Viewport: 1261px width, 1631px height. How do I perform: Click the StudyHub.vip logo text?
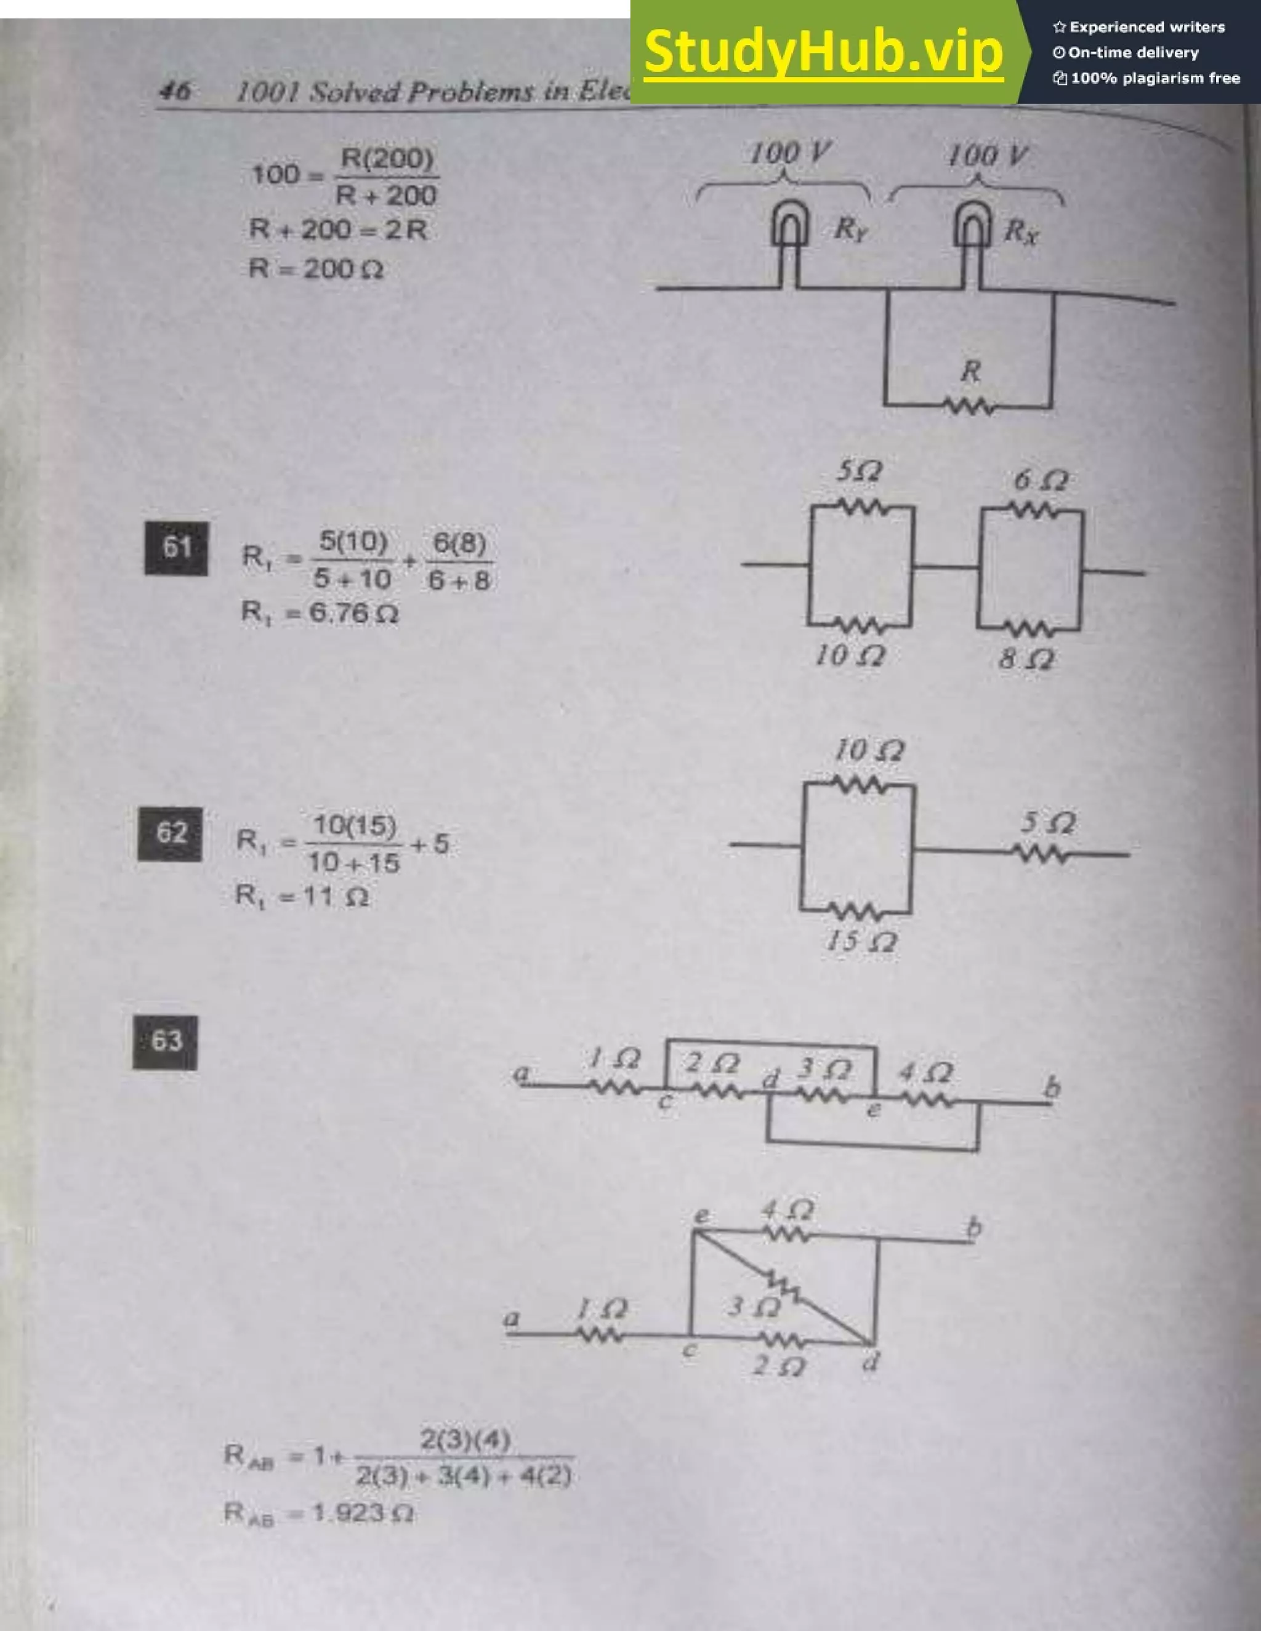coord(823,52)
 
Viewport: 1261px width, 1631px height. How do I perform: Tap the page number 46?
coord(175,91)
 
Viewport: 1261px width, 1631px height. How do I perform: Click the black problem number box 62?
coord(171,833)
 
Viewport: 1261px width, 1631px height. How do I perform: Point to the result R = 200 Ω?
coord(316,268)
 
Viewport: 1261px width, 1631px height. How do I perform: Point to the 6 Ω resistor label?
coord(1040,480)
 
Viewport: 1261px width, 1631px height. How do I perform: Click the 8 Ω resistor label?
coord(1026,659)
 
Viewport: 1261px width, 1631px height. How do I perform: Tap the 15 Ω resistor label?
coord(861,942)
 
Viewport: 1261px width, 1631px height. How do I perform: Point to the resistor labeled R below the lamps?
coord(969,406)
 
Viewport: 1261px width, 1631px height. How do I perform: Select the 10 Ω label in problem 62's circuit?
coord(869,750)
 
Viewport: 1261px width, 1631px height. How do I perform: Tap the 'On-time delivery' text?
coord(1132,53)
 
